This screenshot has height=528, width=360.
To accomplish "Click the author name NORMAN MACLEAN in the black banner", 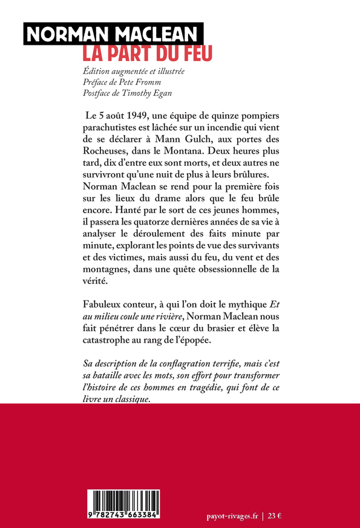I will (x=113, y=35).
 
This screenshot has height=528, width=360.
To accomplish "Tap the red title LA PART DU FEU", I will (x=148, y=53).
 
